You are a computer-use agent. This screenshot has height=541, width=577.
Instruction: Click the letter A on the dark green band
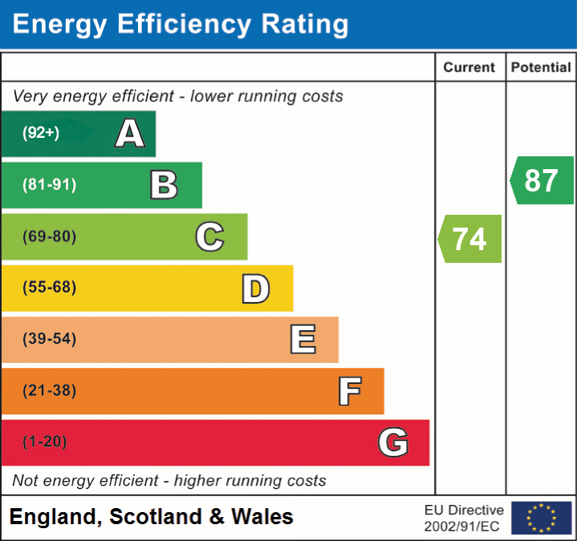pos(130,134)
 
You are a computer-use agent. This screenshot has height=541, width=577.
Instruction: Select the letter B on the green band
pos(164,185)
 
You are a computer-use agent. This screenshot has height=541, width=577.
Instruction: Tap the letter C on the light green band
pos(209,236)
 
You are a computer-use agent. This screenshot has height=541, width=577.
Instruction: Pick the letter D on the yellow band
pos(255,289)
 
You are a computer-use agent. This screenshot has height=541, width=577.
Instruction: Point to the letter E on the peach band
pos(302,340)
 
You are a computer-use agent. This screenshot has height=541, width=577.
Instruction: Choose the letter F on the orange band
pos(348,391)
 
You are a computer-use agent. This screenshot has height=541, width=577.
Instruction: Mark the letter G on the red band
pos(393,442)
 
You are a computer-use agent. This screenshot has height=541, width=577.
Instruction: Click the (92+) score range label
pos(41,134)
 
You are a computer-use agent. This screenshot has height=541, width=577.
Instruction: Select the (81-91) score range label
pos(49,185)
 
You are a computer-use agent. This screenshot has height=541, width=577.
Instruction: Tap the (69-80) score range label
pos(49,236)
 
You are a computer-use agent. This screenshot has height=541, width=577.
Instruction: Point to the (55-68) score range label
pos(49,288)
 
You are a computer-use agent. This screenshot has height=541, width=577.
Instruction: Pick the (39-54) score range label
pos(49,339)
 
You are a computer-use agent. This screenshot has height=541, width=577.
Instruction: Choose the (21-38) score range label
pos(49,391)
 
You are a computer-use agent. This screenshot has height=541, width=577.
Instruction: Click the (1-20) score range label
pos(45,442)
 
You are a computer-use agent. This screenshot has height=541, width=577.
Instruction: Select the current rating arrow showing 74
pos(470,239)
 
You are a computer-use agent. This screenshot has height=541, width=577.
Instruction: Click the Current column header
pos(470,68)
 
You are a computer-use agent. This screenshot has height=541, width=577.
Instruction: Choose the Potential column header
pos(541,68)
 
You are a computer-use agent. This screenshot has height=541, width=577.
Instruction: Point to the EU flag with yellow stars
pos(541,518)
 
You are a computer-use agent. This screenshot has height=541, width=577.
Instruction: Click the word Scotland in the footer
pos(156,517)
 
